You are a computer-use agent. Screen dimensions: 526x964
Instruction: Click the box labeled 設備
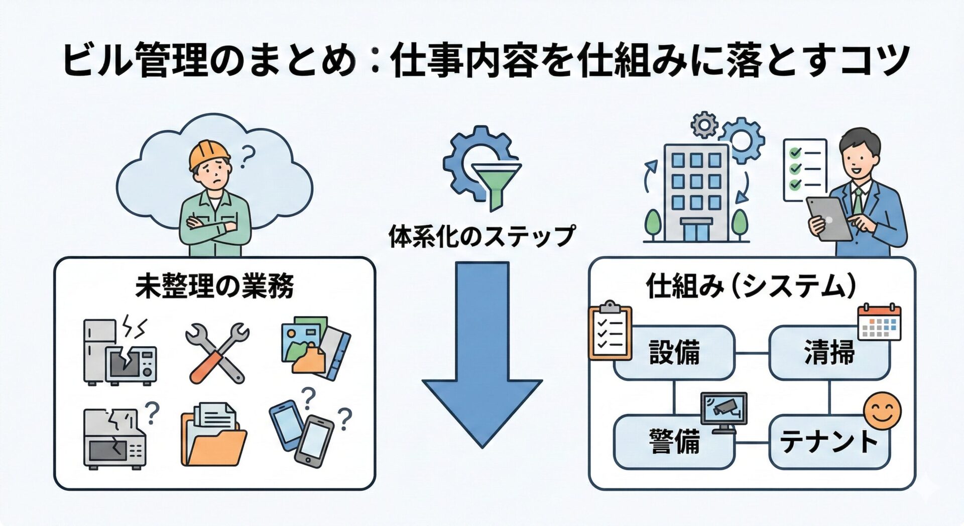pos(674,353)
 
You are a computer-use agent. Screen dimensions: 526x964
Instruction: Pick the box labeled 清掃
pos(829,353)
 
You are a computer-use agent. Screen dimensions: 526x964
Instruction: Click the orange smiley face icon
pos(882,411)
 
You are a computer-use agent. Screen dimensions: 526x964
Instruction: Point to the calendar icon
pos(879,323)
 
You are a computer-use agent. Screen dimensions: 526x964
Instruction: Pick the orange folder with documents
pos(213,435)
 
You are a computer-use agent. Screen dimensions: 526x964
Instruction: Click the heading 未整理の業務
pos(214,287)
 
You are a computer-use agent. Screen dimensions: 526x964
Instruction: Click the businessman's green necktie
pos(858,201)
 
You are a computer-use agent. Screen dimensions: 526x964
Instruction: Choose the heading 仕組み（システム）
pos(752,287)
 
